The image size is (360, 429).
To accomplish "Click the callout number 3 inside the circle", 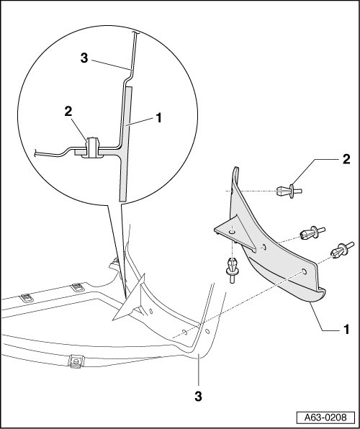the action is (x=84, y=58).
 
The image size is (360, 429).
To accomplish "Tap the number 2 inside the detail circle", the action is (x=68, y=112).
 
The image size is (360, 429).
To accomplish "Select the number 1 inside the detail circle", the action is (x=158, y=118).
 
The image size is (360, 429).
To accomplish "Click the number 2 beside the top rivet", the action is (x=346, y=159).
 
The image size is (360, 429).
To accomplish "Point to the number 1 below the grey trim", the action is (x=346, y=330).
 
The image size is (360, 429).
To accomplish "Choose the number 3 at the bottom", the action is (x=198, y=396).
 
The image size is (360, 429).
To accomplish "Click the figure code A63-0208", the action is (x=325, y=417).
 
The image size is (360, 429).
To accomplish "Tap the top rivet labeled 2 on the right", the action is (x=289, y=191).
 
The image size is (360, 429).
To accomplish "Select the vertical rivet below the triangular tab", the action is (x=232, y=271).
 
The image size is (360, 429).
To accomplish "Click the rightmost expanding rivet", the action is (x=342, y=249).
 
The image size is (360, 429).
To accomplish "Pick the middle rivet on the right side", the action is (x=312, y=232).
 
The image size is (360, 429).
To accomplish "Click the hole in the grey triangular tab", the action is (x=232, y=232).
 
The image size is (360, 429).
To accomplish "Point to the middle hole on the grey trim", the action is (x=264, y=248).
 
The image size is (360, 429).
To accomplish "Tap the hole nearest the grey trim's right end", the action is (x=304, y=271).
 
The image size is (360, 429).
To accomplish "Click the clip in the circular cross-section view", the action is (x=93, y=148).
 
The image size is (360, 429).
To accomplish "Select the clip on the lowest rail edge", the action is (x=76, y=361).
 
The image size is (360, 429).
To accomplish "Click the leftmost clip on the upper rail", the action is (x=27, y=298).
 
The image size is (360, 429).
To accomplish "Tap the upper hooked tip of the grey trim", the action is (x=235, y=173).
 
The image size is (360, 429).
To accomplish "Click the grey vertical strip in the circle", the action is (x=126, y=144).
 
